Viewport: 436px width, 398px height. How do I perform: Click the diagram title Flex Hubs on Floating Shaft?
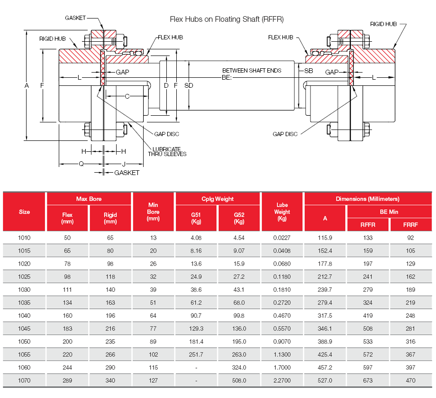point(227,19)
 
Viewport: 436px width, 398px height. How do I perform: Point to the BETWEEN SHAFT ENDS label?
point(252,71)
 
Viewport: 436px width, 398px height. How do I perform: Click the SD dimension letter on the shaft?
point(189,85)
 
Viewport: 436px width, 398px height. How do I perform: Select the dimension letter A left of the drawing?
point(27,85)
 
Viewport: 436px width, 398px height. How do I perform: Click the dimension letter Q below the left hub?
point(81,164)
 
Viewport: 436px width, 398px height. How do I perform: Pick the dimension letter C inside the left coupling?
point(127,96)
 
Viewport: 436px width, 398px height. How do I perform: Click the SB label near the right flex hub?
point(309,71)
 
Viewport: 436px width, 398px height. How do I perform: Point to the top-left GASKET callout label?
point(75,18)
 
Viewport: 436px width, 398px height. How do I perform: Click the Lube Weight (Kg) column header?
point(282,212)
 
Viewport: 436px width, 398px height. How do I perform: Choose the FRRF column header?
point(410,225)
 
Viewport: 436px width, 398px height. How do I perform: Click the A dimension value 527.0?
point(325,380)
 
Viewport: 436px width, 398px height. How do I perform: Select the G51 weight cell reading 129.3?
point(196,328)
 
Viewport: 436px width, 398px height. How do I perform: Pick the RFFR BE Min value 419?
point(368,315)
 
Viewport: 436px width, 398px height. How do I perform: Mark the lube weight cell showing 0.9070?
point(282,342)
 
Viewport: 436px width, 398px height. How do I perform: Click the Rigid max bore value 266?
point(110,354)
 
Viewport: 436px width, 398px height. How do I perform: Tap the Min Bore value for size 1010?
point(153,238)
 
